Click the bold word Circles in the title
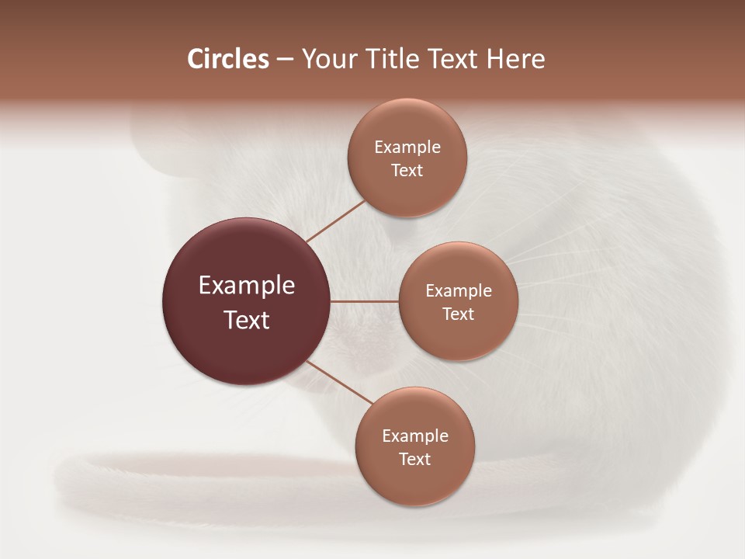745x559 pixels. click(x=227, y=59)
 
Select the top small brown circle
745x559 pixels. click(x=407, y=194)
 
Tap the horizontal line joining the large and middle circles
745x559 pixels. click(x=365, y=301)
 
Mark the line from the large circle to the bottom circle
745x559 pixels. click(x=339, y=383)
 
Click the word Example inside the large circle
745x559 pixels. click(x=246, y=286)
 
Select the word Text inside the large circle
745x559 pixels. click(x=246, y=319)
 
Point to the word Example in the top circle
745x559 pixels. click(x=407, y=148)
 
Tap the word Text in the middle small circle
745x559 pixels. click(x=458, y=314)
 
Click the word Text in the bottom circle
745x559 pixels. click(x=415, y=459)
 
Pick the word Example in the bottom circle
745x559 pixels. click(x=415, y=436)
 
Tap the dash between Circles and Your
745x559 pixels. click(x=284, y=60)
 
